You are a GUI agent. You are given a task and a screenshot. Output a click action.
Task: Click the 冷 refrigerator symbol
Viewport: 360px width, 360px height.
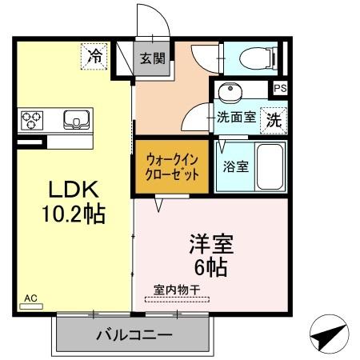click(x=95, y=56)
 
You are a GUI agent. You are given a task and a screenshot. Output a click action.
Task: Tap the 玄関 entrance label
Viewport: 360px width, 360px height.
click(x=153, y=58)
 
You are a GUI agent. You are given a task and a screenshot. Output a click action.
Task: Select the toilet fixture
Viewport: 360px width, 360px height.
click(x=254, y=57)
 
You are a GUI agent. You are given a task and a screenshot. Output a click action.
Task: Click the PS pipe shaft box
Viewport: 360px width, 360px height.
click(x=280, y=89)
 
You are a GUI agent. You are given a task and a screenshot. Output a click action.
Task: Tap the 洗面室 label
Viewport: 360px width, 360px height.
click(x=237, y=118)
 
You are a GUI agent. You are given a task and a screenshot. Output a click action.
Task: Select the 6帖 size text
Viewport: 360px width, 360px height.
click(x=211, y=267)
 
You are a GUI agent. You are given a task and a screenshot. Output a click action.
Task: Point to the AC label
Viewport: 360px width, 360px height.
click(x=30, y=299)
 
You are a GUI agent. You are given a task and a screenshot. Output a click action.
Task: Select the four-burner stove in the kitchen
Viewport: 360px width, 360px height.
click(x=32, y=120)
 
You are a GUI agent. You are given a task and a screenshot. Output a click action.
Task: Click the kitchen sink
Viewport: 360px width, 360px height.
click(x=78, y=120)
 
